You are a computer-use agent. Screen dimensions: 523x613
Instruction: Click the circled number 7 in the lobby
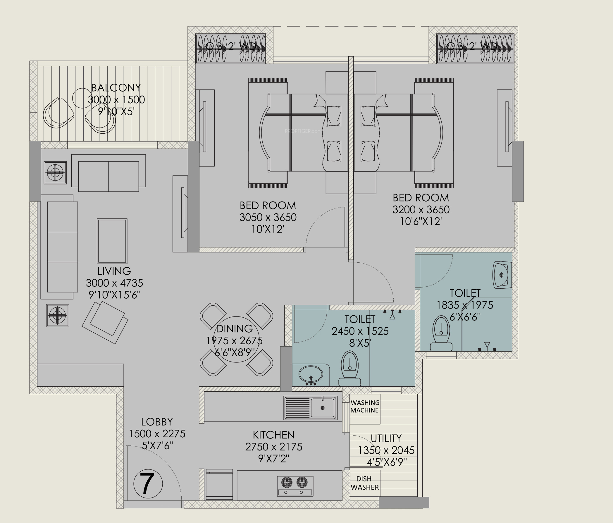[x=148, y=484]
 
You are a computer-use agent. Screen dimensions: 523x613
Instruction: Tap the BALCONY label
[x=116, y=87]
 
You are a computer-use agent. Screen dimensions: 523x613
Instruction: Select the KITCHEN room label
[x=274, y=435]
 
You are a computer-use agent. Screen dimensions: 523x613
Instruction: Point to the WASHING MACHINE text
[x=364, y=407]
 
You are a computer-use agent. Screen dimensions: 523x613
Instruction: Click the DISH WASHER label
[x=364, y=483]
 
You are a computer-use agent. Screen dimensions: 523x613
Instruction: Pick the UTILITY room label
[x=386, y=438]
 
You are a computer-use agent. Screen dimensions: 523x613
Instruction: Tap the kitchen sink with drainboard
[x=310, y=408]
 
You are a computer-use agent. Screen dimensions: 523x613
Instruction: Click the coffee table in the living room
[x=112, y=241]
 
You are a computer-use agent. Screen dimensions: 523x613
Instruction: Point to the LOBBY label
[x=157, y=422]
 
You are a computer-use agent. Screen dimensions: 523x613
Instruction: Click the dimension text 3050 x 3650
[x=268, y=217]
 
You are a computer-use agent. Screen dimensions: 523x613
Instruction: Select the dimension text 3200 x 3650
[x=421, y=210]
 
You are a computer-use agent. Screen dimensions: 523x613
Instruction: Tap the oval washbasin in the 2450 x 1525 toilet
[x=311, y=375]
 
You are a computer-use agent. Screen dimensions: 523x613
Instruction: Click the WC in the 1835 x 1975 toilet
[x=441, y=333]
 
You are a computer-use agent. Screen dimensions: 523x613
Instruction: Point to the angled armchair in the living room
[x=105, y=322]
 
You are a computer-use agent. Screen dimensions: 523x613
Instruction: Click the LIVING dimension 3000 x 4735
[x=114, y=283]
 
